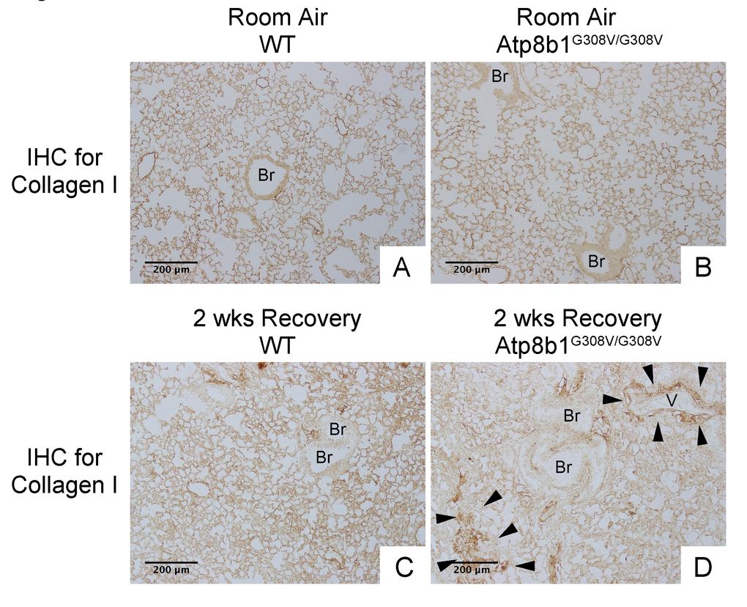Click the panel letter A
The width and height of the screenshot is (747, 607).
pyautogui.click(x=401, y=268)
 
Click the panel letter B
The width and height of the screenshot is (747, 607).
pyautogui.click(x=703, y=268)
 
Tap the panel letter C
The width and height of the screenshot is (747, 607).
pyautogui.click(x=404, y=568)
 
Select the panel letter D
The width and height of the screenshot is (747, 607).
pyautogui.click(x=703, y=568)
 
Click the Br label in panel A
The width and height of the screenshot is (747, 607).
pyautogui.click(x=267, y=175)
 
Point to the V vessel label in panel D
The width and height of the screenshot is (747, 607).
pyautogui.click(x=672, y=401)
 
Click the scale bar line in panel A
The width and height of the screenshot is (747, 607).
pyautogui.click(x=171, y=262)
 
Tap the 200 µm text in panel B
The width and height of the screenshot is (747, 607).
pyautogui.click(x=472, y=270)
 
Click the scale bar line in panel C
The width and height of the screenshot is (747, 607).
pyautogui.click(x=171, y=563)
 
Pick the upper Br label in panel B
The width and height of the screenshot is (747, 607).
pyautogui.click(x=499, y=76)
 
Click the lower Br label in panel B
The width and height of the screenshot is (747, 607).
pyautogui.click(x=596, y=261)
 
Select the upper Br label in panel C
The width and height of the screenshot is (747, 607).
pyautogui.click(x=338, y=429)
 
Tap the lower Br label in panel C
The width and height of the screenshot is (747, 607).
pyautogui.click(x=324, y=457)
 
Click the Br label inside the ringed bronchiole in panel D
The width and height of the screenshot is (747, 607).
pyautogui.click(x=564, y=467)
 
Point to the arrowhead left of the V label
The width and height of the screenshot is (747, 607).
pyautogui.click(x=612, y=399)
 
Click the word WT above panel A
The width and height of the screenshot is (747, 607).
pyautogui.click(x=278, y=45)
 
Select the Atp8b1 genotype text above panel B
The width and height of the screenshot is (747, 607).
pyautogui.click(x=579, y=45)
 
